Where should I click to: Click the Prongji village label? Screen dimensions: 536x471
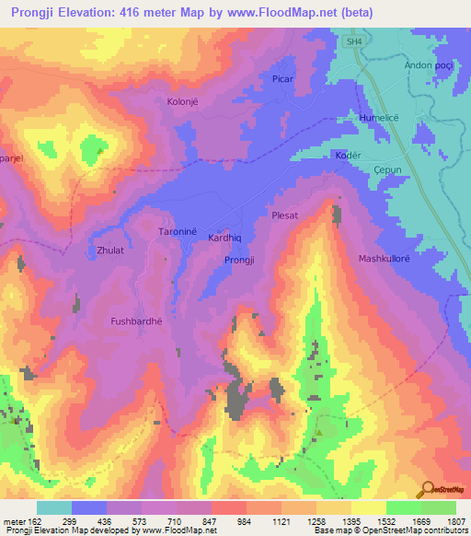pyautogui.click(x=240, y=261)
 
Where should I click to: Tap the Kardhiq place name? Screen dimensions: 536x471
pyautogui.click(x=225, y=237)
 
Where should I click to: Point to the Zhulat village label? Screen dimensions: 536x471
pyautogui.click(x=102, y=250)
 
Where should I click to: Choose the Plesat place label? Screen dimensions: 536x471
pyautogui.click(x=285, y=215)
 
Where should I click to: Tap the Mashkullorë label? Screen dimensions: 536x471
pyautogui.click(x=386, y=259)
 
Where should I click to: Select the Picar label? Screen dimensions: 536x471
pyautogui.click(x=281, y=79)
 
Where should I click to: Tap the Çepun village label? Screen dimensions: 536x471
pyautogui.click(x=390, y=169)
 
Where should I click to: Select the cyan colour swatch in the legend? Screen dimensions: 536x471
pyautogui.click(x=54, y=507)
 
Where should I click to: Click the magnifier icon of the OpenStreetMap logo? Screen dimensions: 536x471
pyautogui.click(x=426, y=489)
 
